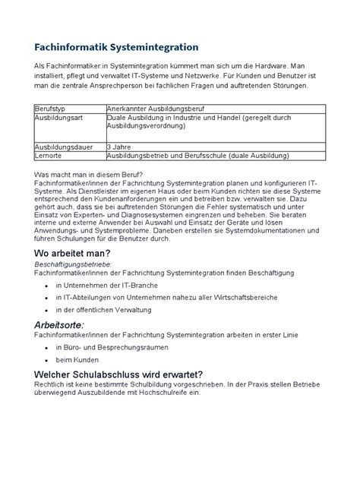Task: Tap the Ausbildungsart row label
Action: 58,119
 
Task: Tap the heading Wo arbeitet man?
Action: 73,253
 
